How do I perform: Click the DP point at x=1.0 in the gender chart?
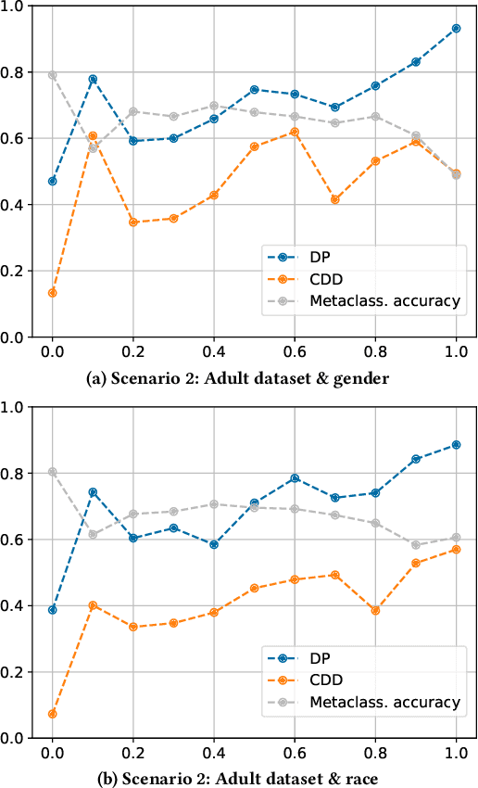(456, 29)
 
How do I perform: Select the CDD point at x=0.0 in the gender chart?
(53, 293)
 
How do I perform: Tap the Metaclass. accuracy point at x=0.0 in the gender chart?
(53, 75)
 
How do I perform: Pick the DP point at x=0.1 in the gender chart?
(93, 80)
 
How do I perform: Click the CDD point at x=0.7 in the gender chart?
(334, 199)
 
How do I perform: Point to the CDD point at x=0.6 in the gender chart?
(295, 132)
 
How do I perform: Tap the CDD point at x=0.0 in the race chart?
(53, 714)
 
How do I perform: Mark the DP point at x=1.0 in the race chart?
(456, 445)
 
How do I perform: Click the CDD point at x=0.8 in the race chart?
(375, 610)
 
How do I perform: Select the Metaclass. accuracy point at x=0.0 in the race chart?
(53, 472)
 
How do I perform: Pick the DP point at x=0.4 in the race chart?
(214, 544)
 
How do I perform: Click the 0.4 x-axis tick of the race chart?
(214, 754)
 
